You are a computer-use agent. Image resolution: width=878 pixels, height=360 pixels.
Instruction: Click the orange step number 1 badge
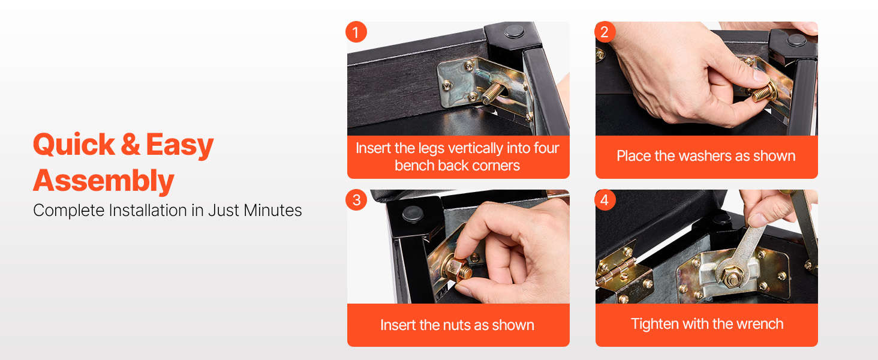coord(356,32)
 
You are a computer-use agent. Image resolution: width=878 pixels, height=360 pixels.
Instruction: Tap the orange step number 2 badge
coord(605,32)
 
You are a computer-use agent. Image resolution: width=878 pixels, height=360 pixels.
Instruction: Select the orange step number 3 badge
coord(356,200)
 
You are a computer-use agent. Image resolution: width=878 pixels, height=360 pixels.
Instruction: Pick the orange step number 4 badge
coord(605,200)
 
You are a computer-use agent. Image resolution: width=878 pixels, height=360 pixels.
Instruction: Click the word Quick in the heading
coord(74,145)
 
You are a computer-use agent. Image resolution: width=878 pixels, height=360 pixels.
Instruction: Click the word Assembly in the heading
coord(104,181)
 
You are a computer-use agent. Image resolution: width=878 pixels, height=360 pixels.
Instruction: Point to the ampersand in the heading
coord(131,145)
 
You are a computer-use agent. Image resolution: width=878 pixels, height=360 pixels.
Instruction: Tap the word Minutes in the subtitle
coord(272,210)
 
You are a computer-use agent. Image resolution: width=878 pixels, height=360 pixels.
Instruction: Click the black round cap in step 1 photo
coord(515,31)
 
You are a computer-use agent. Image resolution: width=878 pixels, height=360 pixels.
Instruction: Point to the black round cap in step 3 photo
coord(413,214)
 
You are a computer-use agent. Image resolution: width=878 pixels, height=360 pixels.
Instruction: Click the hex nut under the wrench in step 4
coord(732,277)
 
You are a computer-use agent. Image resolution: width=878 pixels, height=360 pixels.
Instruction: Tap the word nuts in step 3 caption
coord(456,325)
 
